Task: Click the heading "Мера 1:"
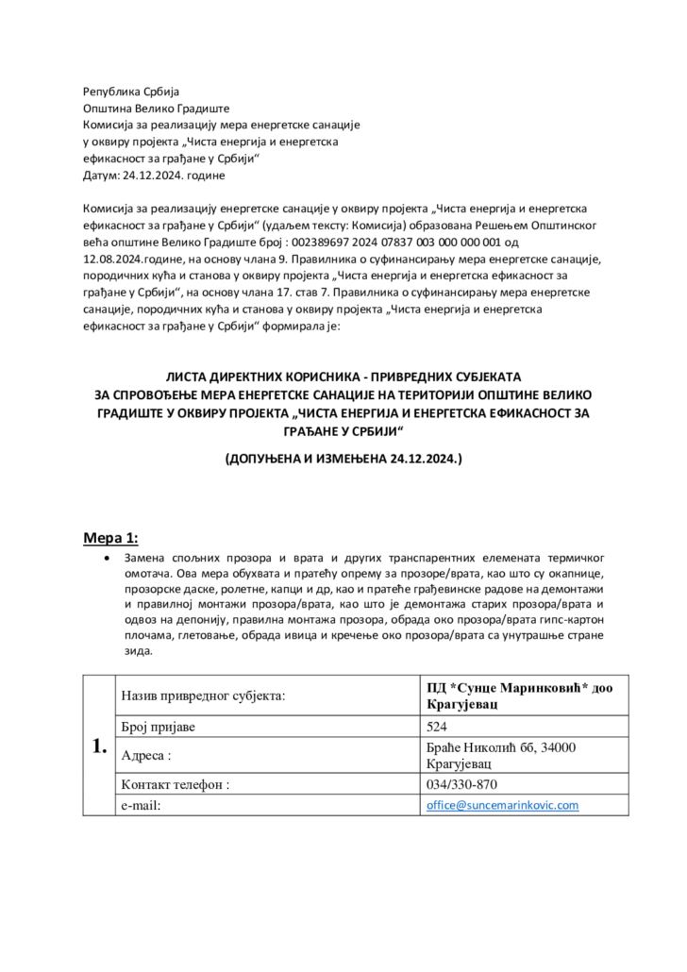pyautogui.click(x=111, y=538)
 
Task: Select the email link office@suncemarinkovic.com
pyautogui.click(x=501, y=805)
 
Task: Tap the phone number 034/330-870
pyautogui.click(x=461, y=784)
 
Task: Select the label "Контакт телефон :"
pyautogui.click(x=176, y=784)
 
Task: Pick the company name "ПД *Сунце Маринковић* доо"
pyautogui.click(x=519, y=688)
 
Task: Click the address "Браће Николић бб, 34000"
pyautogui.click(x=501, y=747)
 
